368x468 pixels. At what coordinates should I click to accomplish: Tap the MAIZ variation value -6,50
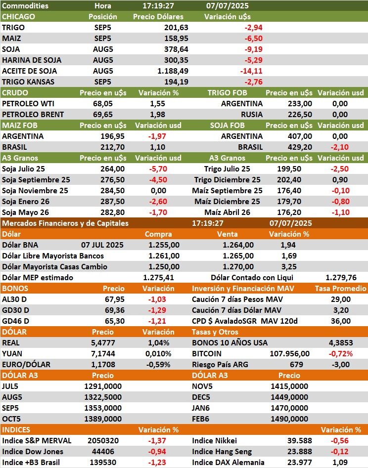[x=253, y=38]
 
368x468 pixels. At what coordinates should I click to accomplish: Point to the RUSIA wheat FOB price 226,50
[x=300, y=114]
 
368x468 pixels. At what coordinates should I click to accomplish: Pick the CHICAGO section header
[x=19, y=16]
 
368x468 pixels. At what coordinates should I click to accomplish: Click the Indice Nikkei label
[x=214, y=441]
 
